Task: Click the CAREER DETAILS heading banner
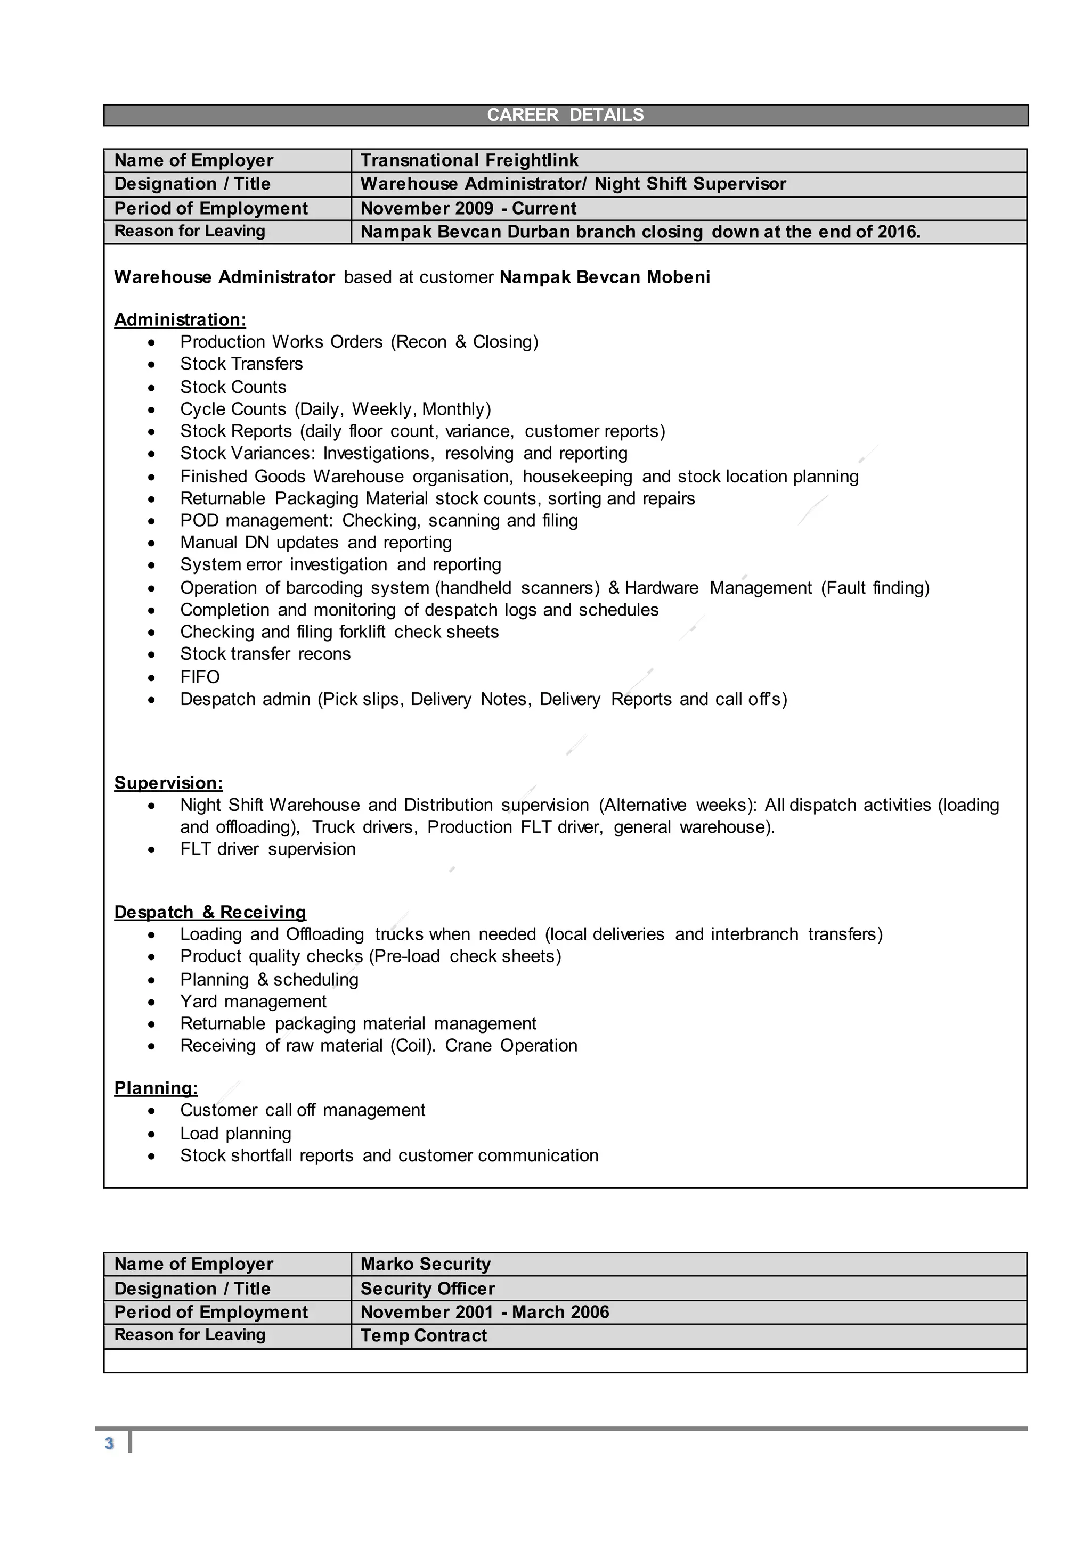[x=565, y=115]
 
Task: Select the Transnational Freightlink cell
[x=469, y=160]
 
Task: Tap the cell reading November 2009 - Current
[x=468, y=208]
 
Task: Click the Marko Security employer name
[x=425, y=1264]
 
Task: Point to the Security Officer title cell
[x=427, y=1288]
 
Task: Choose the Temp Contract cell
[x=423, y=1335]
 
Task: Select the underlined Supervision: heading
[x=168, y=783]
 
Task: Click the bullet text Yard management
[x=253, y=1002]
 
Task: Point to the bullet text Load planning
[x=235, y=1134]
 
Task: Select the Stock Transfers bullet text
[x=241, y=364]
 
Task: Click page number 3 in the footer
[x=109, y=1444]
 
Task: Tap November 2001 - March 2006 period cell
[x=484, y=1313]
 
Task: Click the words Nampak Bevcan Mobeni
[x=605, y=277]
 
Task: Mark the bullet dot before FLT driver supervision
[x=152, y=850]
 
